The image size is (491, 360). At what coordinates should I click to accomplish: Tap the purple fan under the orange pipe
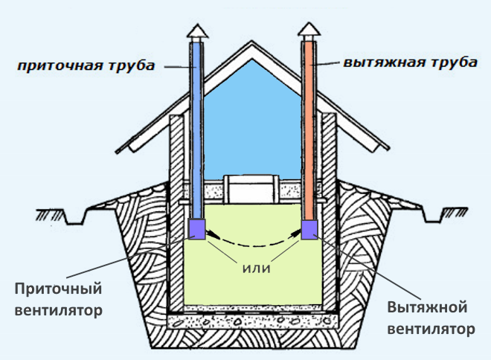coord(309,229)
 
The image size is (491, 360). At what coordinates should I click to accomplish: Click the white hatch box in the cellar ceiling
coord(251,188)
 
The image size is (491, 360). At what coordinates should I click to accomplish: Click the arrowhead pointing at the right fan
coord(295,234)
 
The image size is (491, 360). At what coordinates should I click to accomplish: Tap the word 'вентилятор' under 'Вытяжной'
coord(430,328)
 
